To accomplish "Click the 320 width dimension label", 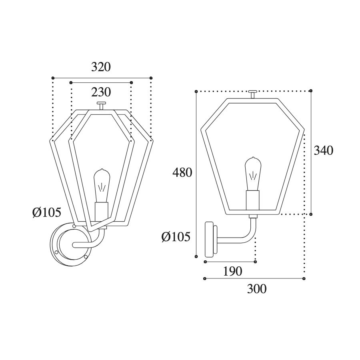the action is [x=101, y=67].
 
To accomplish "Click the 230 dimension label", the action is [x=101, y=92].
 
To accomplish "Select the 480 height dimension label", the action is [x=182, y=172].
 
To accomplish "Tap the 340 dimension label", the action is [x=323, y=151].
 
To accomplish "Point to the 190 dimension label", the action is [x=232, y=271].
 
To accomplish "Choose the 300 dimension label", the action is [x=257, y=289].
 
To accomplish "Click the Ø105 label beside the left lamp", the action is [x=47, y=212].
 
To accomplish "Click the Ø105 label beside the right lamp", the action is [x=176, y=237].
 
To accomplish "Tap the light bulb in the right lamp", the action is [x=253, y=174].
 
